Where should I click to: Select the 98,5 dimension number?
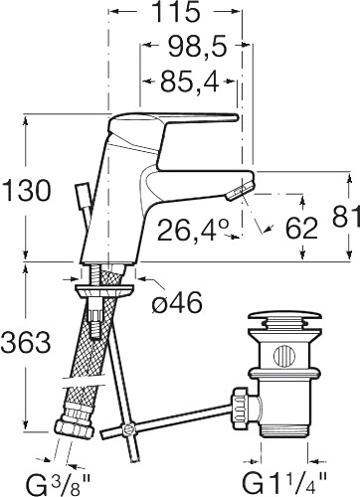pos(197,47)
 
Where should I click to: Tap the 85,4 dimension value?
pos(190,82)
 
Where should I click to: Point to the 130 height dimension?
pos(26,192)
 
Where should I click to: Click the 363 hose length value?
pos(26,342)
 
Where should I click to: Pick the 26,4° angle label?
pos(193,230)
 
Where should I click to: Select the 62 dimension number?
pos(301,229)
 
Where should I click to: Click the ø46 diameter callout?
pos(177,303)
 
